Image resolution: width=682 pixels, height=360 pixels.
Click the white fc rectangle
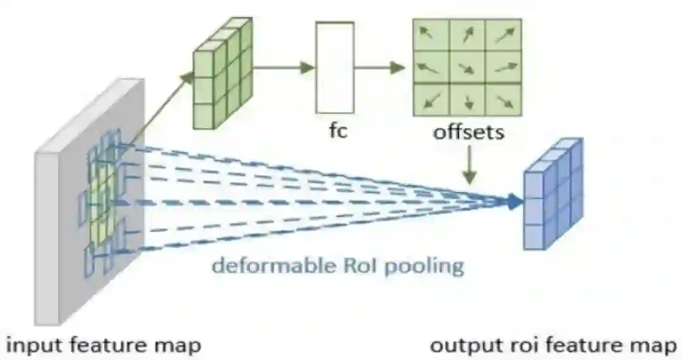pos(335,67)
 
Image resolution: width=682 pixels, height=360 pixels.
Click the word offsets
pos(468,133)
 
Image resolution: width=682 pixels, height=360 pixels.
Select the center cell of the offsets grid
pos(467,67)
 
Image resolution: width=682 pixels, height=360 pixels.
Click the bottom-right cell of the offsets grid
pos(503,99)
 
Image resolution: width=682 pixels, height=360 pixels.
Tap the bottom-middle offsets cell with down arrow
pos(467,99)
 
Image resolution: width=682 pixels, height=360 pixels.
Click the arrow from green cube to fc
pos(284,67)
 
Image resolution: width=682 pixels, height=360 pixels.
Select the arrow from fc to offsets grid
pos(379,67)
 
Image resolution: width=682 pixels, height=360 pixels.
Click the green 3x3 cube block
pos(222,75)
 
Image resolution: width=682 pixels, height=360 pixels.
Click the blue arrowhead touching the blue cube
pos(517,202)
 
